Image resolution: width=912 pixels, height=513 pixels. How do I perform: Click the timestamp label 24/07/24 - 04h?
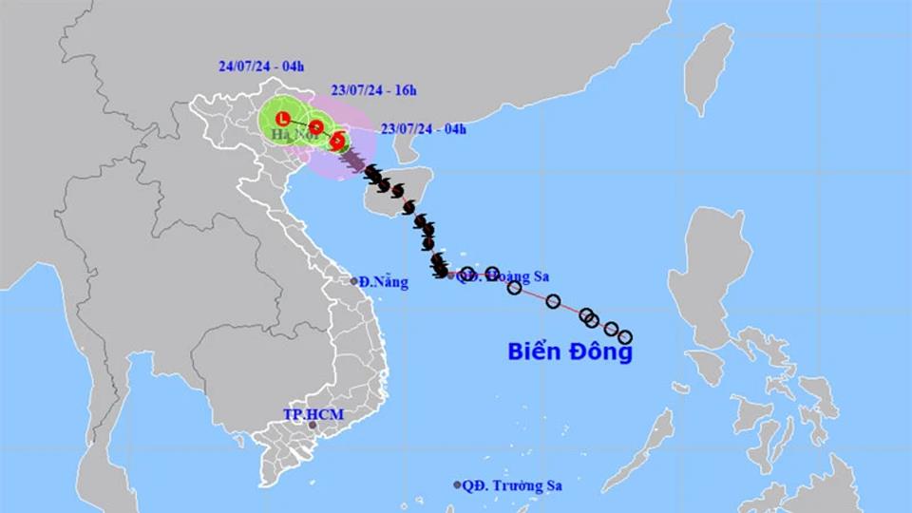(x=260, y=66)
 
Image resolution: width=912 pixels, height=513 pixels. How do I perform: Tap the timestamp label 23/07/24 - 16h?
(x=373, y=91)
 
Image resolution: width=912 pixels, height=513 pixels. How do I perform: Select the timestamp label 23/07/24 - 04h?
(x=423, y=129)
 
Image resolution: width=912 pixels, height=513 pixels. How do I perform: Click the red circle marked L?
(x=282, y=118)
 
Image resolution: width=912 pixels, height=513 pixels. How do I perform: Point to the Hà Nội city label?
(x=293, y=136)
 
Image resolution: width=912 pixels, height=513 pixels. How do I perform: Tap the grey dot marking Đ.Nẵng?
(x=353, y=280)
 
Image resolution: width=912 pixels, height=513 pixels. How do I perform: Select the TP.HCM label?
(x=313, y=414)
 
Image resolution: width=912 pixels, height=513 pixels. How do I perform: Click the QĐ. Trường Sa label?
(x=512, y=485)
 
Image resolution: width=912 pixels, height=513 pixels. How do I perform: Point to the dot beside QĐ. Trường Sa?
(x=457, y=484)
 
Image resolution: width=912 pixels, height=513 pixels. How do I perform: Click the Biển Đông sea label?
(x=569, y=351)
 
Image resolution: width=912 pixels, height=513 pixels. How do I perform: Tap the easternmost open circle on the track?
(x=624, y=336)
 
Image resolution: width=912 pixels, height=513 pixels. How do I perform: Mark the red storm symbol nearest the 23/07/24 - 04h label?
(x=337, y=141)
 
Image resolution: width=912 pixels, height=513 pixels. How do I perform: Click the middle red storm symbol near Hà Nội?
(x=315, y=127)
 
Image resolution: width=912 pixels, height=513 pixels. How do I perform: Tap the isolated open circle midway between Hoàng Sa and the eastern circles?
(x=553, y=301)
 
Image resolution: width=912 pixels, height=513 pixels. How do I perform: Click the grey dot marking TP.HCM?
(x=313, y=426)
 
